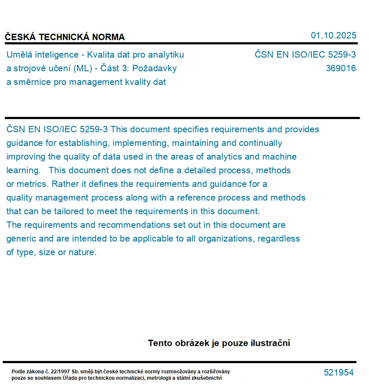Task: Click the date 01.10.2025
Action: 333,35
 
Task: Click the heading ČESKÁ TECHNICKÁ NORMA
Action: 65,37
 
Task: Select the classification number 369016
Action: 340,68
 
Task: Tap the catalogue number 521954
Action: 339,373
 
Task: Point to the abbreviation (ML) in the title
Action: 83,68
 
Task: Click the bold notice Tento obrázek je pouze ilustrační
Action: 219,343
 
